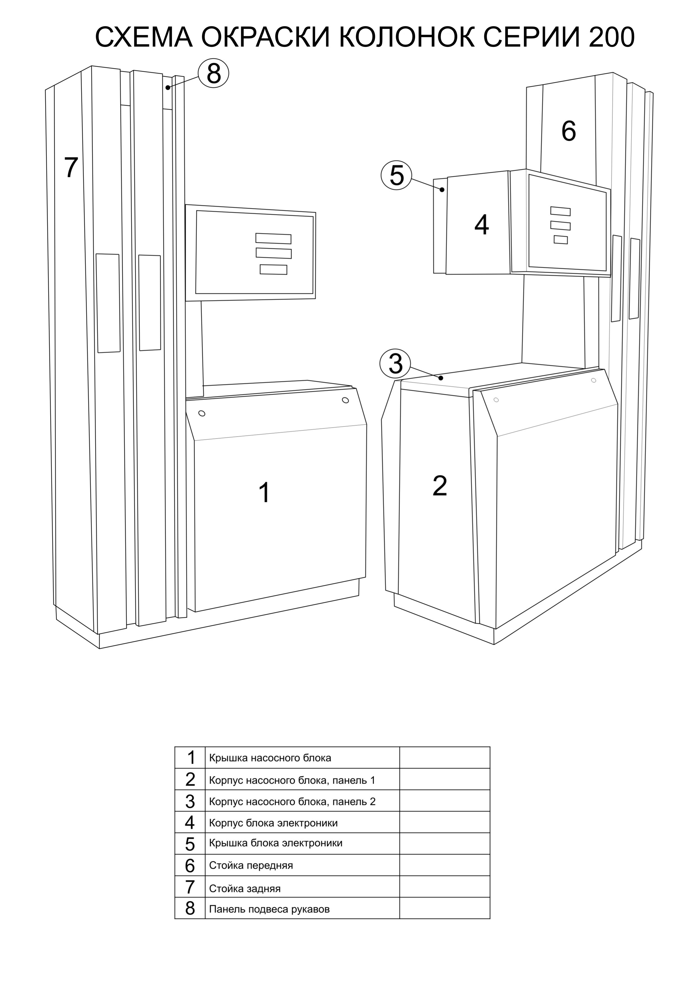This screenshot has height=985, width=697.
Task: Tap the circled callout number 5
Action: [396, 175]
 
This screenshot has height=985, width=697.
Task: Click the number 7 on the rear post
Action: [71, 167]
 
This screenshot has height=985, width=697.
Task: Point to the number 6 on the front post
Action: [568, 131]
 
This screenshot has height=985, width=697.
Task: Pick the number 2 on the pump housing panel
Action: [440, 486]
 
